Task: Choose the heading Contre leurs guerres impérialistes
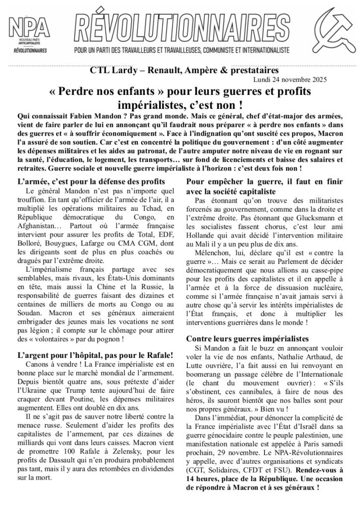247,338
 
